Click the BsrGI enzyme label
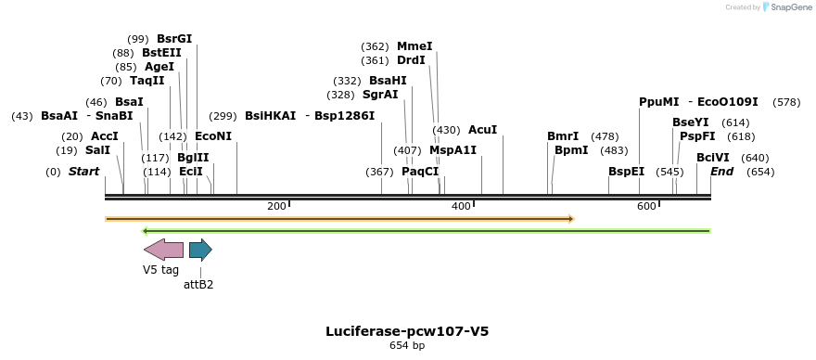click(174, 39)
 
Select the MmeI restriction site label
click(414, 46)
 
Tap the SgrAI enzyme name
click(380, 95)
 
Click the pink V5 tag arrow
click(163, 249)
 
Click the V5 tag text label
click(160, 270)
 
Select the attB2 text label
click(198, 285)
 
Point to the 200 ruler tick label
click(276, 205)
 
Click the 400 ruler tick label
click(462, 205)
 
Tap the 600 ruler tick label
click(647, 205)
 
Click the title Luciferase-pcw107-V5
click(407, 331)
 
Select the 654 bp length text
click(407, 346)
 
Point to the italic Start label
click(83, 172)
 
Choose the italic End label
click(722, 172)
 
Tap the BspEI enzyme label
click(626, 172)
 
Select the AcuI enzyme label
click(482, 130)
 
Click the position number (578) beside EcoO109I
click(786, 102)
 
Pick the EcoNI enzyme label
click(213, 136)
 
